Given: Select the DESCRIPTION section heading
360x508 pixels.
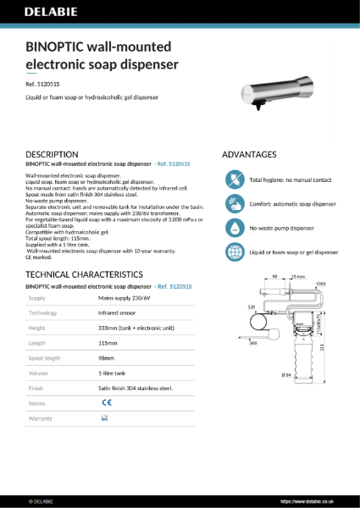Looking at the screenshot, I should pos(53,155).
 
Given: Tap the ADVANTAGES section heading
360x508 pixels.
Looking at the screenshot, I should pos(249,155).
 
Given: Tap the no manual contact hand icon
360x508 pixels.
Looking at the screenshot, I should pos(234,179).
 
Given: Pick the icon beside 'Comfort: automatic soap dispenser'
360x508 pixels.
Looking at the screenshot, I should pos(234,204).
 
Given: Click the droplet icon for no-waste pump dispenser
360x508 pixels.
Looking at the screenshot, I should pos(234,229).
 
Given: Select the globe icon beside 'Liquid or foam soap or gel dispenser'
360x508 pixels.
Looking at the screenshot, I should pos(234,252).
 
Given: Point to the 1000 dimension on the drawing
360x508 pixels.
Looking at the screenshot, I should pos(319,284).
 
